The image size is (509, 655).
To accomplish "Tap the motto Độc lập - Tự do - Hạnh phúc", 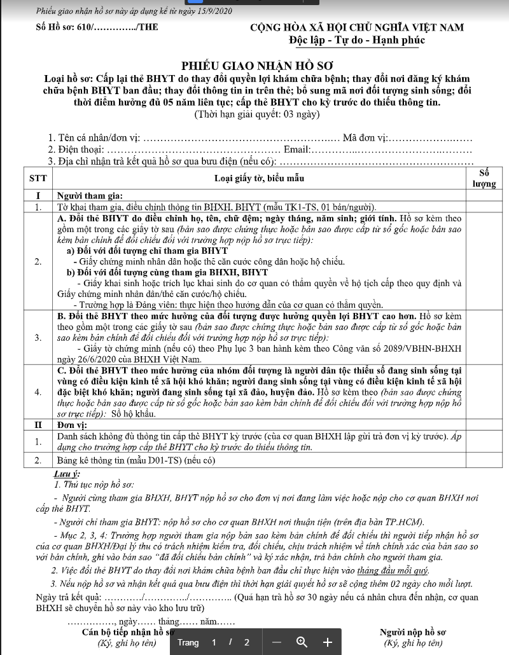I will [x=356, y=41].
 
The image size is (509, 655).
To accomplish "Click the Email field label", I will [x=296, y=149].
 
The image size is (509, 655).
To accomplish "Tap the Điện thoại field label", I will [x=76, y=149].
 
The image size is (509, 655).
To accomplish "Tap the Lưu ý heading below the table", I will [x=69, y=474].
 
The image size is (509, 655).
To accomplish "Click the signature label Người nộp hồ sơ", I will [x=413, y=632].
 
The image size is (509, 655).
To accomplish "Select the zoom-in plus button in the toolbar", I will [x=328, y=642].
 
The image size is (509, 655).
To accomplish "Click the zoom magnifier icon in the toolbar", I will [x=302, y=642].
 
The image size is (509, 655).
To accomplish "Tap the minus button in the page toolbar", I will [x=277, y=642].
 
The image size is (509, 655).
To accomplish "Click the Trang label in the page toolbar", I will [x=188, y=642].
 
